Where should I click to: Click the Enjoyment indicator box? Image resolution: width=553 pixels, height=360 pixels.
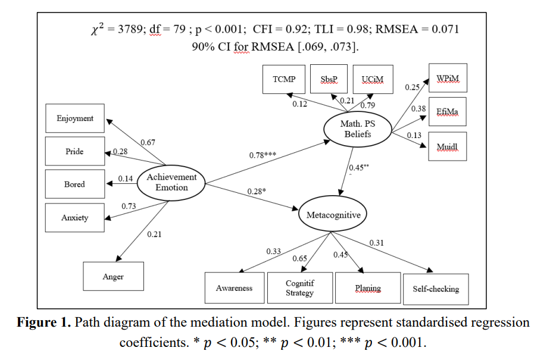75,118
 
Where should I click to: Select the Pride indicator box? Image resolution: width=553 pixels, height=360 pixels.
75,152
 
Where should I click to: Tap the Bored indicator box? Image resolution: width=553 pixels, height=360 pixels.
75,184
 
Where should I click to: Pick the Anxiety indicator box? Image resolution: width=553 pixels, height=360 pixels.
75,218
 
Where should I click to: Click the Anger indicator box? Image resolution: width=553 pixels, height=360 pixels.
113,277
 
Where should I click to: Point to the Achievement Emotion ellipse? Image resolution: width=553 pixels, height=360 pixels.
171,182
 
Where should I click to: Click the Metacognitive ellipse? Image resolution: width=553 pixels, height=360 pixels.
333,215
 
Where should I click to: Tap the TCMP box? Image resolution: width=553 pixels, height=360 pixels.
284,79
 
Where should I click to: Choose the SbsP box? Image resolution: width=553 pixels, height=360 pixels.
329,79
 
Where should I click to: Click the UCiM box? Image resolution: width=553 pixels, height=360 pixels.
373,79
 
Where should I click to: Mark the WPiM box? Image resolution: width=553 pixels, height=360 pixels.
448,78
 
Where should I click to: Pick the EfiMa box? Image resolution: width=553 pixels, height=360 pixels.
448,112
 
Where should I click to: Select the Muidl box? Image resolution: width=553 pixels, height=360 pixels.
448,146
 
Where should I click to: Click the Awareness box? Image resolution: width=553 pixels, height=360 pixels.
234,289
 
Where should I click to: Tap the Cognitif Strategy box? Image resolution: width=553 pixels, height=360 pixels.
299,289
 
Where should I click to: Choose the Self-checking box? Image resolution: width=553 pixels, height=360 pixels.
436,289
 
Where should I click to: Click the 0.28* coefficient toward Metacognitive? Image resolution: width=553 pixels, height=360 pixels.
257,192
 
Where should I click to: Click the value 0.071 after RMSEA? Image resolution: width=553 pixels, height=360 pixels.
443,29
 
